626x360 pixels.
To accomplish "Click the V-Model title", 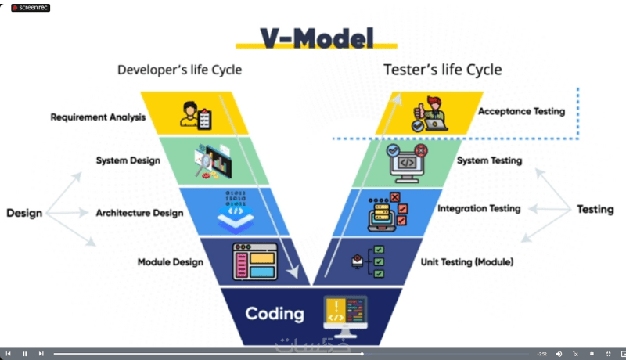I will coord(316,38).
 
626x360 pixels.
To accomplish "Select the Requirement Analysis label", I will coord(98,117).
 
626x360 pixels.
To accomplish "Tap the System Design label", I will coord(128,160).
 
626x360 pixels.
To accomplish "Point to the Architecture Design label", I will coord(139,212).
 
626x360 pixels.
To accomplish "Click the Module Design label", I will coord(170,261).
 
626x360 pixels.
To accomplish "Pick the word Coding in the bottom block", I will coord(275,314).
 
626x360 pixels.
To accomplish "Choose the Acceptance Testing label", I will coord(521,111).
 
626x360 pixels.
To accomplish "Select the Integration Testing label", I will coord(479,209).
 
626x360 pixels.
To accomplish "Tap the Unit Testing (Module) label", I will coord(467,261).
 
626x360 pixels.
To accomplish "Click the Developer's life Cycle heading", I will coord(179,70).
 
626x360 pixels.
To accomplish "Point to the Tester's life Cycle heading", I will coord(442,70).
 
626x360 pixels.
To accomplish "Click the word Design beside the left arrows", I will coord(24,213).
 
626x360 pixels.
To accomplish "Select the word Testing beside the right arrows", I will coord(595,209).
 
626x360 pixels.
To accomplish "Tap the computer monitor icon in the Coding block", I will coord(345,313).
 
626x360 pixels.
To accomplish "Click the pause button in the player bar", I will coord(24,354).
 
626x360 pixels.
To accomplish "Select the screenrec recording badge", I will coord(30,8).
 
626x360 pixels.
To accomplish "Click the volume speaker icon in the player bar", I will coord(559,354).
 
